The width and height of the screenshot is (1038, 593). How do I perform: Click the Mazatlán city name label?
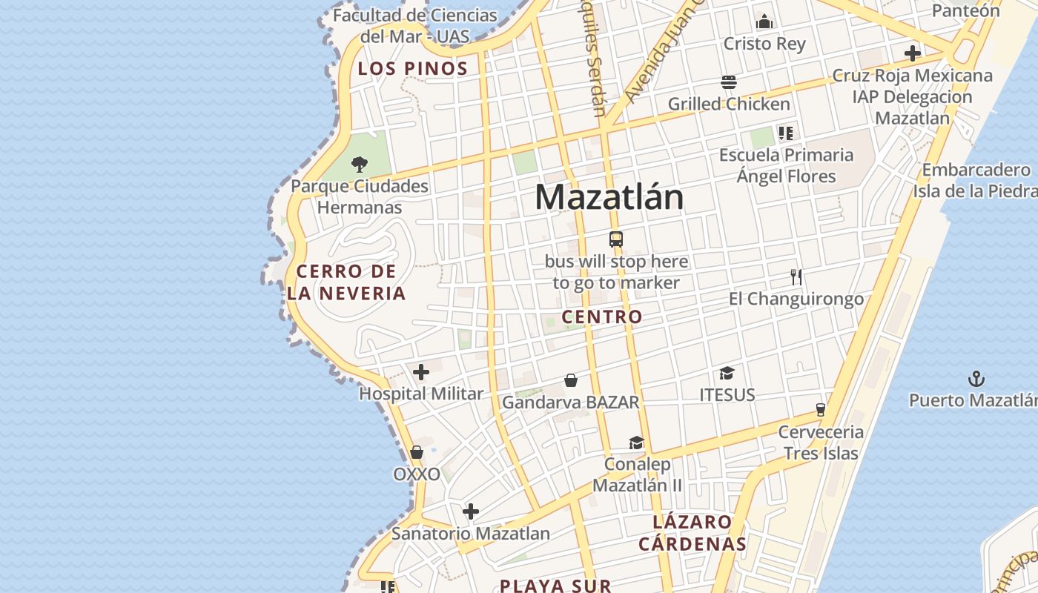coord(609,197)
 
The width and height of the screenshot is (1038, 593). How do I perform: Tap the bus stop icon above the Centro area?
coord(616,239)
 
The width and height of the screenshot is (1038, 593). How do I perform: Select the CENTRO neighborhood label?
coord(602,317)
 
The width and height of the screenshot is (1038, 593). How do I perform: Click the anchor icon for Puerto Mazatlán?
coord(976,380)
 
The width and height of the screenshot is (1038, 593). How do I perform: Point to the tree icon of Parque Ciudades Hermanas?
coord(360,164)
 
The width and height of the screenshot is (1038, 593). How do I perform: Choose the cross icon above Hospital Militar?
coord(421,372)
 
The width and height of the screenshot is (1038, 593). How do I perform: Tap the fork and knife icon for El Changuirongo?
coord(796,277)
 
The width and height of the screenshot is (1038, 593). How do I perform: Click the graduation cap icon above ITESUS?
coord(727,373)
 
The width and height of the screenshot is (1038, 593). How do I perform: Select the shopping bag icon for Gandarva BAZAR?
coord(571,380)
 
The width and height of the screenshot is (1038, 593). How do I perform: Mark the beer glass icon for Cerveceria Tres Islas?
coord(821,409)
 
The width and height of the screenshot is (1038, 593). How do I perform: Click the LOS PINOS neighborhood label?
coord(413,69)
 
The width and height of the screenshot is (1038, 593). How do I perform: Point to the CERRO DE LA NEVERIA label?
coord(347,282)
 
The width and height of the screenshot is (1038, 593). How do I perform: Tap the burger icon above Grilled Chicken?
coord(728,82)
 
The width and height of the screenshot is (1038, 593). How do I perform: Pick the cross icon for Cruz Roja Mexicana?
coord(913,53)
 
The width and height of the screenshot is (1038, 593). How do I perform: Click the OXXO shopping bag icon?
coord(417,452)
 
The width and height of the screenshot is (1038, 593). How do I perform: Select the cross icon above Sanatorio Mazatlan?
coord(471,511)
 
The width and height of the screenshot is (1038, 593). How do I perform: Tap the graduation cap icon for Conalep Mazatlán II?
coord(636,443)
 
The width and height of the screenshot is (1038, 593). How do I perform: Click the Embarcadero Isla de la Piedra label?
coord(975,180)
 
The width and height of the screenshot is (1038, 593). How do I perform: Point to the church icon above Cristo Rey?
coord(764,22)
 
